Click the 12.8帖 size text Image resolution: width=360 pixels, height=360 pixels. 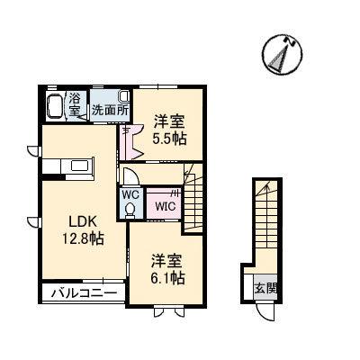point(81,238)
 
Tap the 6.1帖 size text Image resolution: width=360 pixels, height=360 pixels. point(167,278)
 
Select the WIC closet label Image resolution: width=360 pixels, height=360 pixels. point(166,206)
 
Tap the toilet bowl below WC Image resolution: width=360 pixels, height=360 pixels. point(130,209)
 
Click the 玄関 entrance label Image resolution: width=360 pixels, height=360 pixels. point(265,289)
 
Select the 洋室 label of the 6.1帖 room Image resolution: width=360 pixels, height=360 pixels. point(167,261)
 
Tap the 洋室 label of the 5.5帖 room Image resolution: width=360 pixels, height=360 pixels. point(168,121)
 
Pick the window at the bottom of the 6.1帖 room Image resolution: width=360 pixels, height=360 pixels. point(168,310)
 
